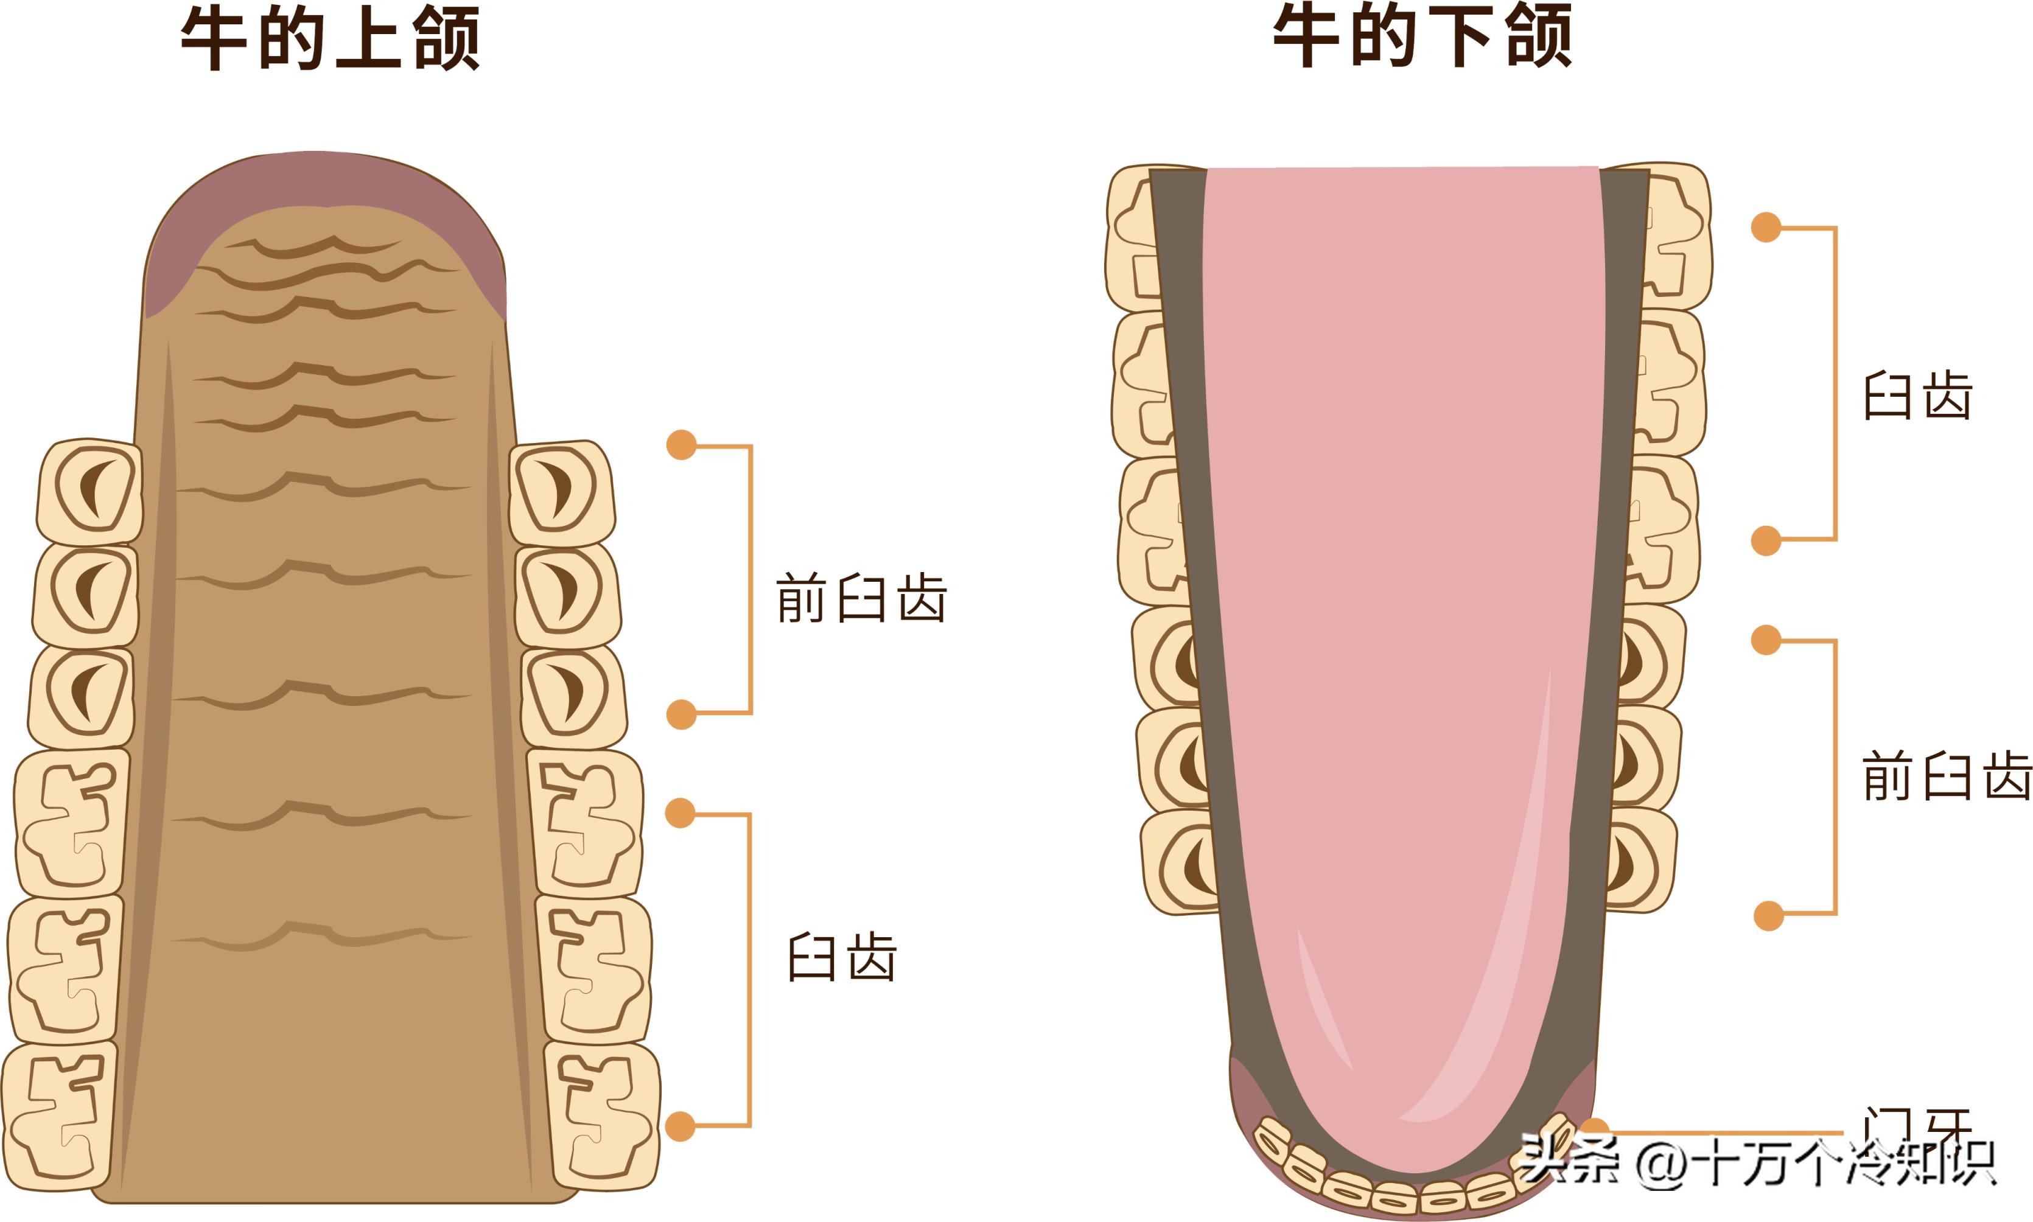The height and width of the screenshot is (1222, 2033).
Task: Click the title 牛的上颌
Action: coord(330,39)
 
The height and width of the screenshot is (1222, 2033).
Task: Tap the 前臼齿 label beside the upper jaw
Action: coord(861,599)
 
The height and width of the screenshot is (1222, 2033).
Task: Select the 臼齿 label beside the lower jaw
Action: coord(1918,396)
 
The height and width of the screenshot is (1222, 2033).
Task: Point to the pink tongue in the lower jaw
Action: coord(1400,576)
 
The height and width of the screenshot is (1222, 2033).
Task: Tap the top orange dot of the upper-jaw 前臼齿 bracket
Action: coord(681,445)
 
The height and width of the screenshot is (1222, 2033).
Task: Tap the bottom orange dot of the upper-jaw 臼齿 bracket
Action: coord(680,1126)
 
